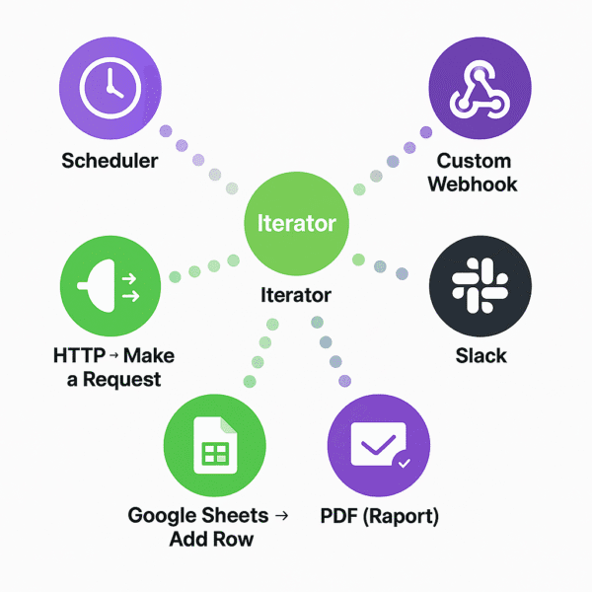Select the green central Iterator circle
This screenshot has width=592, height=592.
coord(296,224)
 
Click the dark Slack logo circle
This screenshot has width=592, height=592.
coord(481,286)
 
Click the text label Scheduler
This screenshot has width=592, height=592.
coord(110,160)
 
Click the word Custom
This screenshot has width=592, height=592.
coord(475,161)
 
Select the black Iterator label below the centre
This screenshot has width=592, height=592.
coord(296,295)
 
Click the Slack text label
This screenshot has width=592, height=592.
coord(481,355)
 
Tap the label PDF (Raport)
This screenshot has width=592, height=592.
coord(380,515)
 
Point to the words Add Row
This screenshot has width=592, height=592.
coord(211,539)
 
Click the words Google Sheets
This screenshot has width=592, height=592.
coord(198,515)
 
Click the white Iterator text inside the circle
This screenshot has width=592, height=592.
coord(296,223)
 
